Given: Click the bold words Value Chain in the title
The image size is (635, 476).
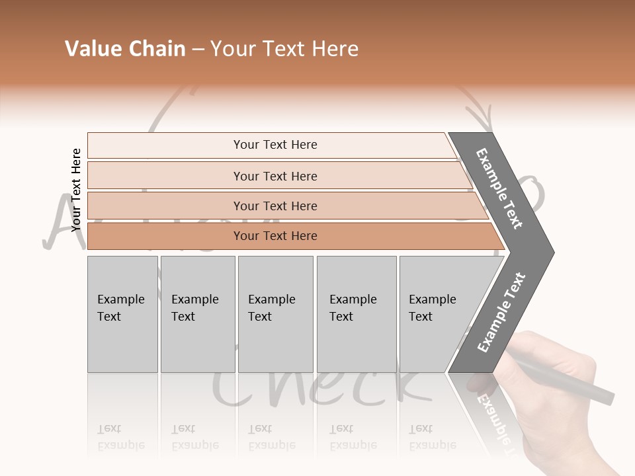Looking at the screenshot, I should [x=125, y=49].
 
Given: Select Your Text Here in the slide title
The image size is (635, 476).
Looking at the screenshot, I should [x=284, y=49].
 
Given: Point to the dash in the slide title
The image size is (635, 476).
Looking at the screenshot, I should [x=198, y=50].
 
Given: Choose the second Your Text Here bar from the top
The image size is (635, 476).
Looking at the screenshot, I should [x=275, y=176].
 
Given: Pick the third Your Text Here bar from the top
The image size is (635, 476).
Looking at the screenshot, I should [x=275, y=206].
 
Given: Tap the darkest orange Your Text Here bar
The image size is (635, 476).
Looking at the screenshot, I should [x=275, y=236].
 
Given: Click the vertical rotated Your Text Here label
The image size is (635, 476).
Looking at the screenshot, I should [x=76, y=189].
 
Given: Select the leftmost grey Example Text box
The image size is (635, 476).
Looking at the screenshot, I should [x=122, y=314].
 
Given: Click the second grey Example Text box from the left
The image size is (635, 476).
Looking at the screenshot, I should [x=197, y=314].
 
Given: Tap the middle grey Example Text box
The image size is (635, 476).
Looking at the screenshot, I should [x=275, y=314].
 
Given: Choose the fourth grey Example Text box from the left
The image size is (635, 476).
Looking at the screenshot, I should [x=356, y=314].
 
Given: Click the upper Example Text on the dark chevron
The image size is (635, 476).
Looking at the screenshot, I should [x=500, y=188].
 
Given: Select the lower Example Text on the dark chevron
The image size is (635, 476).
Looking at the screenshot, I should [x=501, y=312].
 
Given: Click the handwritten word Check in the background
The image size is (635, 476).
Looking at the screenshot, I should [x=324, y=390].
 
